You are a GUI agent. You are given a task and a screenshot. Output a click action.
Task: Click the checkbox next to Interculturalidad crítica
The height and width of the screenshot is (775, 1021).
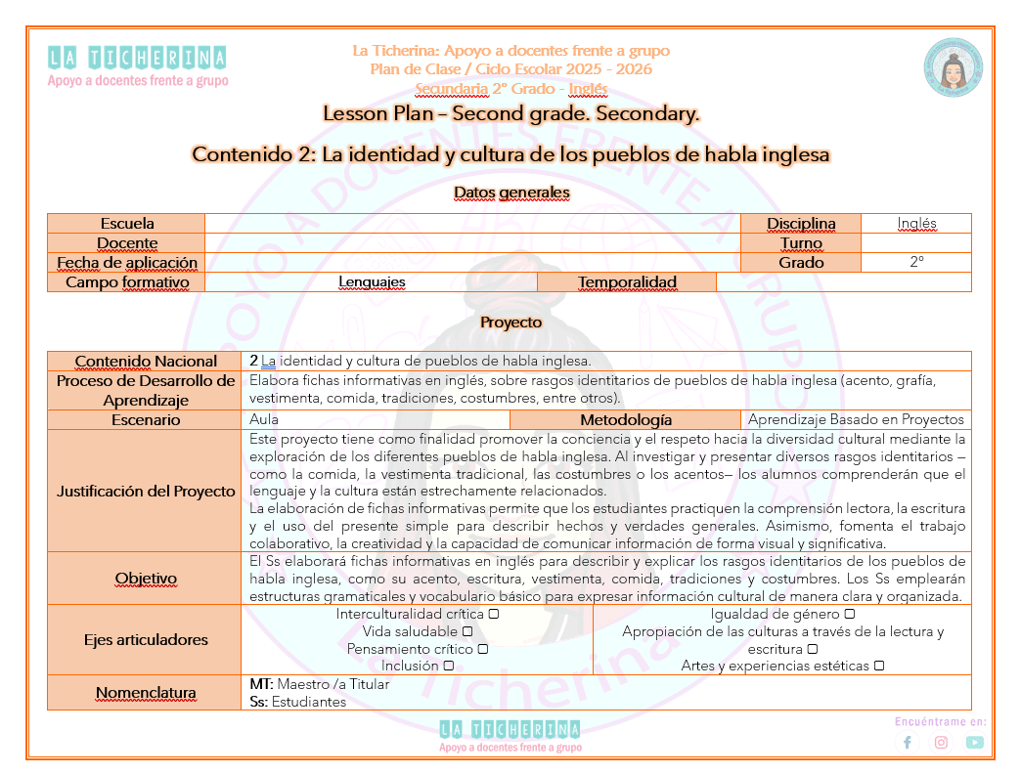click(494, 614)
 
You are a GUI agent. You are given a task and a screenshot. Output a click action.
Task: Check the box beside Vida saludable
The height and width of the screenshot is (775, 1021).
click(466, 631)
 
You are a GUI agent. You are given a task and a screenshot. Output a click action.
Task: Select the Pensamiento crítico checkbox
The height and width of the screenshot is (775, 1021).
click(482, 649)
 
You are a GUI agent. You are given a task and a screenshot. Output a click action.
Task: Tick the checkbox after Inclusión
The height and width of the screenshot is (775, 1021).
click(448, 666)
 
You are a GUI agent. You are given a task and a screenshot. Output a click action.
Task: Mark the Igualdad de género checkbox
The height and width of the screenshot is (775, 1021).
click(849, 614)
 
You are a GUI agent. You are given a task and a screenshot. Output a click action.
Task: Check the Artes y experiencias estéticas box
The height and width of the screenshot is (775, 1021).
click(879, 666)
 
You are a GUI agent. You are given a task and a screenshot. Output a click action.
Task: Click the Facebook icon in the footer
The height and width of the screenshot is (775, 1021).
click(908, 742)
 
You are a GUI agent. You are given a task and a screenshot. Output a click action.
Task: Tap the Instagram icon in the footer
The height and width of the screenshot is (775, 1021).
click(941, 742)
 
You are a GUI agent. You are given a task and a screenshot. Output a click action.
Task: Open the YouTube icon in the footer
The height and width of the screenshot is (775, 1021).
click(974, 742)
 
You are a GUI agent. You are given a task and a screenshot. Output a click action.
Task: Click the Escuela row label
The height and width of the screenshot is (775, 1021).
click(127, 224)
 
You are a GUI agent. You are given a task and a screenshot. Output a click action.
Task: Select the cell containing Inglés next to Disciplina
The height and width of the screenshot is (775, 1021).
click(916, 224)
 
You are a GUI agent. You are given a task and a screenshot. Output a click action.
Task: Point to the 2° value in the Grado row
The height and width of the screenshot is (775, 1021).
click(916, 262)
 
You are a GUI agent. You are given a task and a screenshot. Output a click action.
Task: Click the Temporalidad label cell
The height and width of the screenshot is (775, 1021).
click(627, 282)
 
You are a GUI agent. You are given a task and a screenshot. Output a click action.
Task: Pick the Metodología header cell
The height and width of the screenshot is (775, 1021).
click(626, 420)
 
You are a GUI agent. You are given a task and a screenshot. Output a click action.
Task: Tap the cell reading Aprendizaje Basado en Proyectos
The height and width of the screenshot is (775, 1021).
click(856, 420)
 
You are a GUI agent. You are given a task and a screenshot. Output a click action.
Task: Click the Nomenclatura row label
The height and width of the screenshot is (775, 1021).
click(145, 693)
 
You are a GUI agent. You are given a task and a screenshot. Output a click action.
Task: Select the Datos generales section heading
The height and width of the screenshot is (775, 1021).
click(510, 193)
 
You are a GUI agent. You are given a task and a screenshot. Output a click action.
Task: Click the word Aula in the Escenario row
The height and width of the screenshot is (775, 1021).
click(264, 420)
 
